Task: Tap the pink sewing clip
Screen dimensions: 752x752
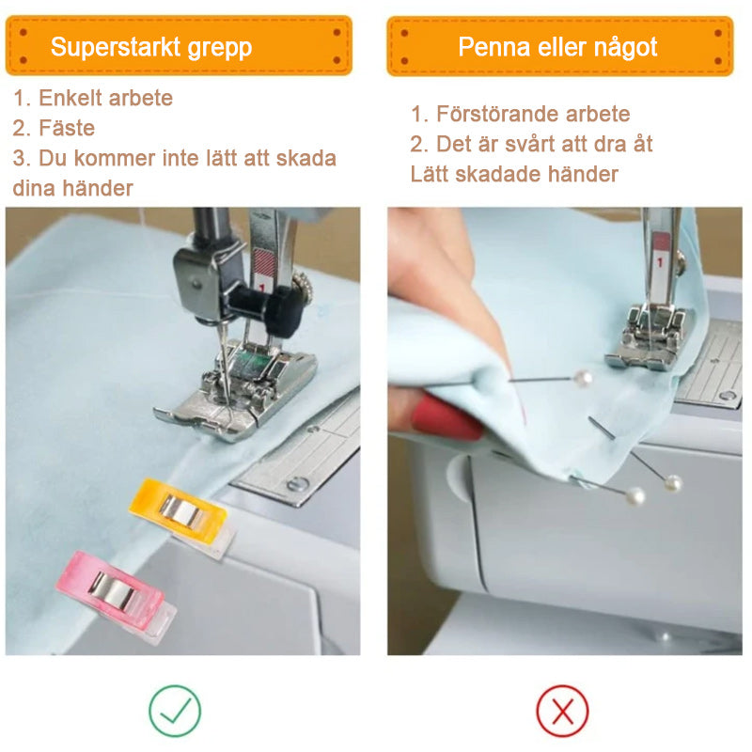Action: pyautogui.click(x=115, y=594)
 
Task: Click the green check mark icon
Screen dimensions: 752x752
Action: pyautogui.click(x=175, y=711)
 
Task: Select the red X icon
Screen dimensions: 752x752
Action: pyautogui.click(x=562, y=711)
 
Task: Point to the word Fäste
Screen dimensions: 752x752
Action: pyautogui.click(x=67, y=128)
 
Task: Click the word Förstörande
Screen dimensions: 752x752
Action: pyautogui.click(x=498, y=114)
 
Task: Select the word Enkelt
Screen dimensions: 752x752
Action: pyautogui.click(x=69, y=98)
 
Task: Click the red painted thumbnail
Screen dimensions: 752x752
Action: pyautogui.click(x=446, y=415)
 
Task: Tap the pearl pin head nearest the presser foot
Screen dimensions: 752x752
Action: pyautogui.click(x=583, y=379)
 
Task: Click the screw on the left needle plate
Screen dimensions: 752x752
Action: pyautogui.click(x=297, y=484)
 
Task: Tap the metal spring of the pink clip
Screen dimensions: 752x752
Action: pyautogui.click(x=113, y=589)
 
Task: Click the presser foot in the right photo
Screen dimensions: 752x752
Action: pyautogui.click(x=650, y=338)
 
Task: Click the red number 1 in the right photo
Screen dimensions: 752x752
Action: pyautogui.click(x=661, y=262)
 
